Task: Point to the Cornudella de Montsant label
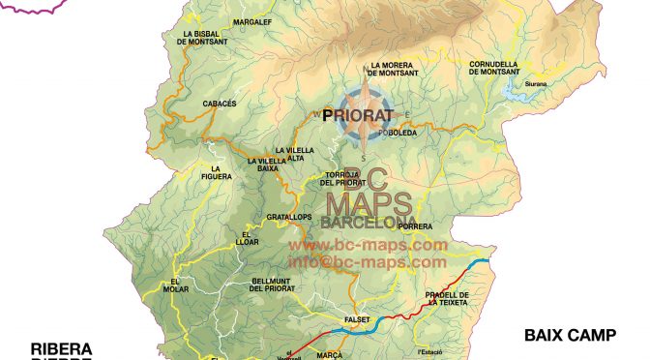(x=493, y=68)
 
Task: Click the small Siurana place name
(x=536, y=84)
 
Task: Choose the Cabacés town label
(x=193, y=103)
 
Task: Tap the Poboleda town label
(x=398, y=134)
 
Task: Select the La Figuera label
(x=222, y=173)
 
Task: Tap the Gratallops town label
(x=289, y=217)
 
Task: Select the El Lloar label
(x=251, y=237)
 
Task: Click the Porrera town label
(x=415, y=226)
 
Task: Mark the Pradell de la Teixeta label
(x=446, y=298)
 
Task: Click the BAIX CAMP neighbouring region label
(x=570, y=336)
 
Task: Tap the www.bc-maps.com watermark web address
(x=368, y=246)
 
